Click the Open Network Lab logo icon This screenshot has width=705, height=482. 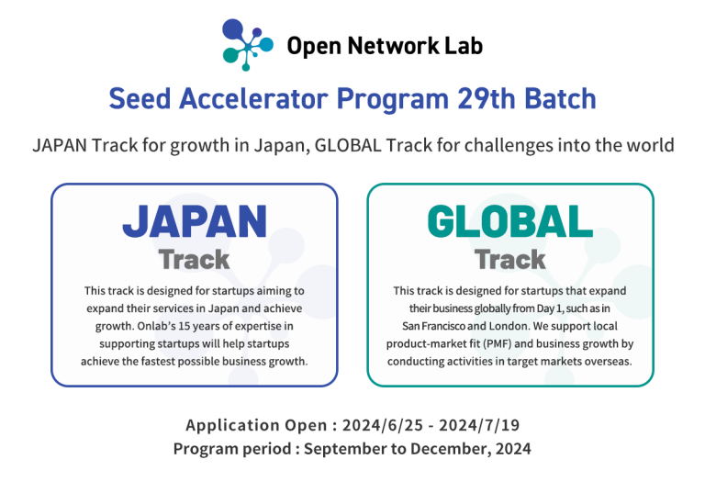247,44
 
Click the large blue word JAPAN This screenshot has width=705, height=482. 195,223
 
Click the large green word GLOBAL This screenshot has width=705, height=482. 510,223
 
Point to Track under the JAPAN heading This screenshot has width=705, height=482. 194,259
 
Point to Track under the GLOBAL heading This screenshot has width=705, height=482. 510,259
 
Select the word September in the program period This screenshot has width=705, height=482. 344,449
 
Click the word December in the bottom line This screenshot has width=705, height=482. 451,449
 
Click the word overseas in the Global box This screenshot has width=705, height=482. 607,361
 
